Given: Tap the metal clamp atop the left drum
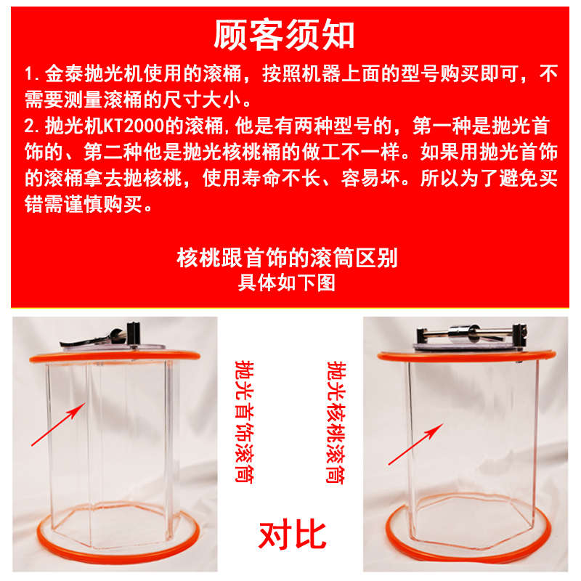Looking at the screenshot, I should pyautogui.click(x=109, y=338).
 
